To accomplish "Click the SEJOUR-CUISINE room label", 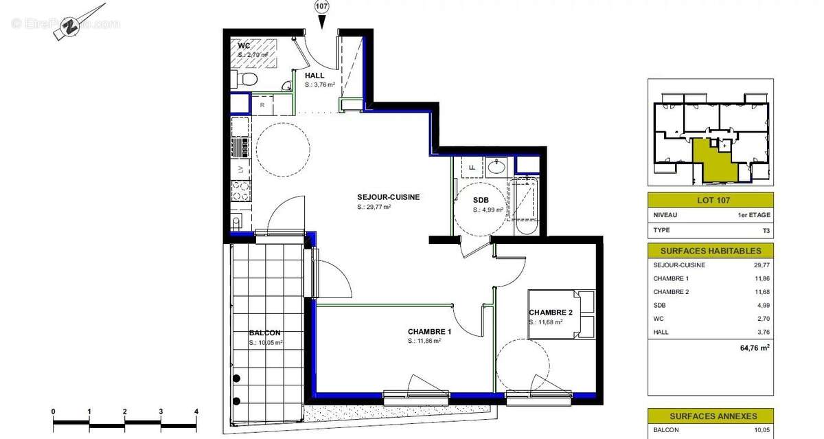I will click(x=388, y=197).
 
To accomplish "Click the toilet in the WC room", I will click(x=248, y=80).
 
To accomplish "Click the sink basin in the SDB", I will click(x=496, y=166).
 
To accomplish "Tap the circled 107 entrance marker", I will click(x=321, y=7).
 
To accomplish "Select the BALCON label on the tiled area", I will click(x=264, y=333).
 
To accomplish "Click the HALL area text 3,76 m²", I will click(x=320, y=85).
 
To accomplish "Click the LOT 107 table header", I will click(x=710, y=201).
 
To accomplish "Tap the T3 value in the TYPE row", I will click(x=765, y=230).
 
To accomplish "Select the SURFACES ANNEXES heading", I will click(x=710, y=416).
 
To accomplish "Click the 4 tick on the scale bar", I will click(x=196, y=412).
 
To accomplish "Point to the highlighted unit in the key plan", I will click(x=714, y=159).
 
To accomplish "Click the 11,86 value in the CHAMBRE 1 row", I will click(x=760, y=278).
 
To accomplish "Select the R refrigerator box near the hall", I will click(x=262, y=105).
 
